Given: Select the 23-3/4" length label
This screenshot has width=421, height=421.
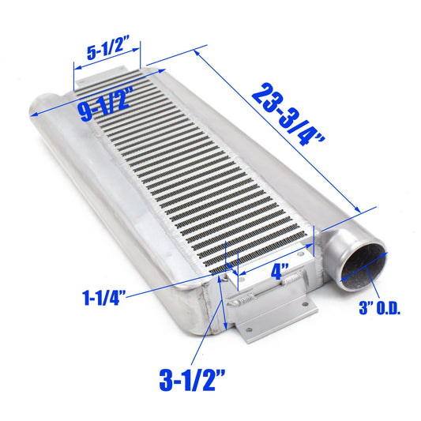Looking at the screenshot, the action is (288, 115).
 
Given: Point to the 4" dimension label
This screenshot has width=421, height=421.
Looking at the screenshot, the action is (280, 272).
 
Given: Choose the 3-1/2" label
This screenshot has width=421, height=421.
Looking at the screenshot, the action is (192, 380).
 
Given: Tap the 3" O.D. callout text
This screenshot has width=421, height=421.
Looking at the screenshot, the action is (379, 308).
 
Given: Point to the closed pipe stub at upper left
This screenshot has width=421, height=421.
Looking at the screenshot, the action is (42, 106).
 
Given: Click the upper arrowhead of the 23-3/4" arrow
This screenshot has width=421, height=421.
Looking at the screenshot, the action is (197, 54).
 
